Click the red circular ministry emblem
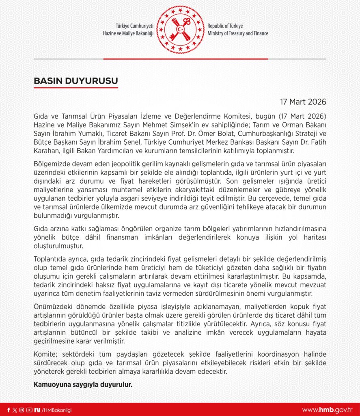click(x=180, y=29)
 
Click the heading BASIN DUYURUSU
click(x=75, y=81)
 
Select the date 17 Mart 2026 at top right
click(x=303, y=102)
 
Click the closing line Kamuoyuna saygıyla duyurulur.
click(x=83, y=383)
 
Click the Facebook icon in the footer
click(x=9, y=410)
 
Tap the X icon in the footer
click(x=15, y=410)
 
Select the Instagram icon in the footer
click(x=22, y=410)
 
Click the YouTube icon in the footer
click(x=29, y=410)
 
